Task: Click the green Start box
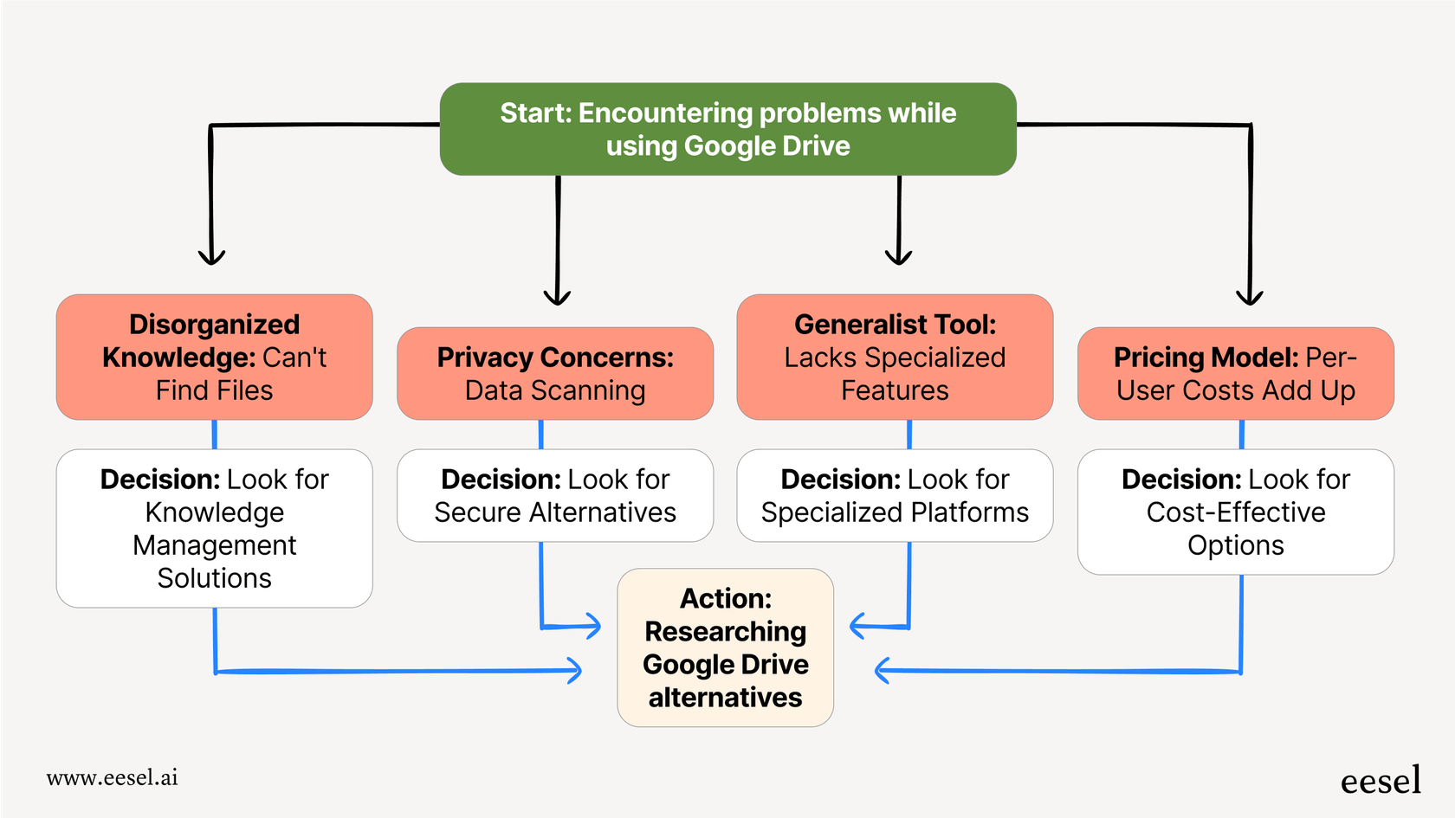[727, 129]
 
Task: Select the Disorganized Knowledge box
[214, 357]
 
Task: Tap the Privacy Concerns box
[555, 373]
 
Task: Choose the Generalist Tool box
[895, 357]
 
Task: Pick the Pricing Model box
[1235, 373]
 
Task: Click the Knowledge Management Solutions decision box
[214, 528]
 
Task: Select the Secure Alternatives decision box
[555, 495]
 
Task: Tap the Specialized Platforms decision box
[895, 495]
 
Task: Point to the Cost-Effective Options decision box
[1235, 512]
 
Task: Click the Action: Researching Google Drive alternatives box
[725, 647]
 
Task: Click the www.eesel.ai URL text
[113, 777]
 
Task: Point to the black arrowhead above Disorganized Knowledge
[211, 257]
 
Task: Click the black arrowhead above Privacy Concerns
[557, 298]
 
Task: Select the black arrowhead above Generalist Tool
[898, 257]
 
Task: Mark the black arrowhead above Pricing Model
[1249, 298]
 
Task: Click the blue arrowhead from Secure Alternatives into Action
[593, 626]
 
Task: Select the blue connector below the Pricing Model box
[1241, 435]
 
